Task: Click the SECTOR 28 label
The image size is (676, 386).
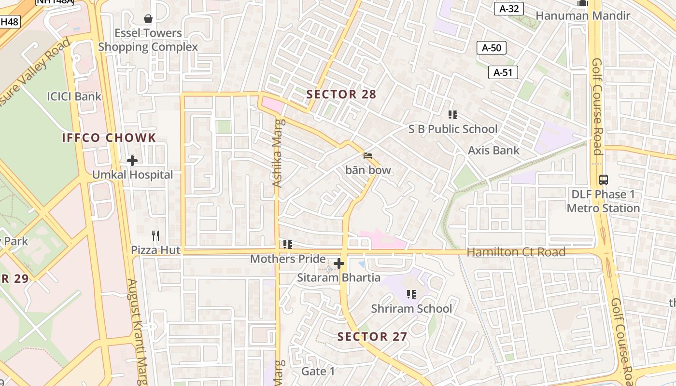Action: coord(341,95)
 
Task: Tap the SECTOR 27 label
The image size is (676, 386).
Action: coord(372,337)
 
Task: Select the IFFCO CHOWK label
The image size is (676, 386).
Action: coord(109,138)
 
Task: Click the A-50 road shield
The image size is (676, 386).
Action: coord(492,48)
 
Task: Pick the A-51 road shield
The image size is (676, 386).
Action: coord(503,73)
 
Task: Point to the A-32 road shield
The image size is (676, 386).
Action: coord(509,9)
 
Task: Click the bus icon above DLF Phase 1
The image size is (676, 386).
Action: coord(604,180)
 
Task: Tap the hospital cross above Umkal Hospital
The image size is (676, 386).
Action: coord(132,160)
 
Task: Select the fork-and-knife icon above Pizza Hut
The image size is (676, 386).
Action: coord(155,236)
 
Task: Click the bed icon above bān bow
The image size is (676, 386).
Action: coord(368,156)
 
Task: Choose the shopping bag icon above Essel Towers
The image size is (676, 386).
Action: coord(148,19)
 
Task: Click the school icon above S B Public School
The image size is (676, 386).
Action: coord(452,115)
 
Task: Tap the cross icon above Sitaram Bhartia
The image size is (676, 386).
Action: coord(339,263)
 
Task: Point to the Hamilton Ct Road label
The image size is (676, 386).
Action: coord(516,252)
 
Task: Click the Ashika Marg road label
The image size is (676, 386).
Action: coord(277,153)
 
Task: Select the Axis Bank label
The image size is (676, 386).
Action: coord(493,151)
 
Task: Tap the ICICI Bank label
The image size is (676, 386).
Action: coord(74,96)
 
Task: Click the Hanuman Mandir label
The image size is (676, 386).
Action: coord(583,16)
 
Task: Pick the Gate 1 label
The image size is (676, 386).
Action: coord(318,372)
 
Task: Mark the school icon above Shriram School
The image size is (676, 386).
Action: coord(411,294)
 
